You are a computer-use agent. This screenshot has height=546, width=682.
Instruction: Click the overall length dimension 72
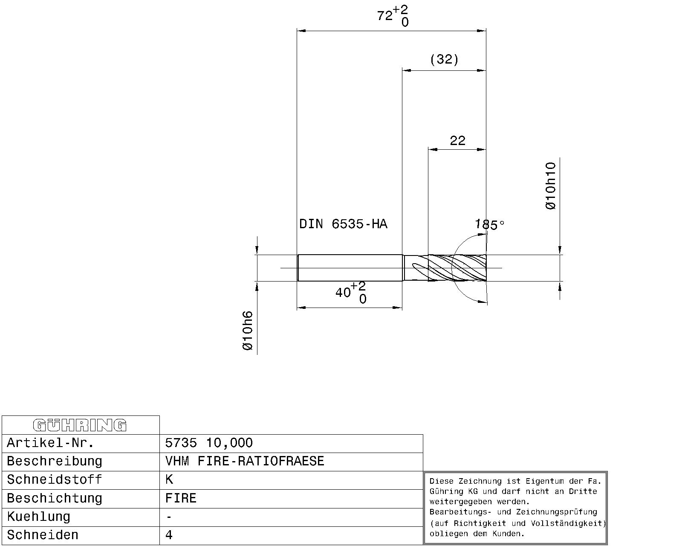[x=393, y=16]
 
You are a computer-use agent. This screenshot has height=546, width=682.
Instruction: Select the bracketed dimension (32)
[x=444, y=59]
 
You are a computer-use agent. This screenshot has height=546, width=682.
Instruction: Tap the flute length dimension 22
[x=458, y=140]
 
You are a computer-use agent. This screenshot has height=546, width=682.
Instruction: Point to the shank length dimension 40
[x=351, y=292]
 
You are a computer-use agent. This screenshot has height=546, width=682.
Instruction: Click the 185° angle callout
[x=489, y=225]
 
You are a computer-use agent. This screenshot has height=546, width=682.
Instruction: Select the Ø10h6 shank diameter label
[x=248, y=331]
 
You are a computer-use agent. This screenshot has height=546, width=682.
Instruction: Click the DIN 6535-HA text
[x=343, y=224]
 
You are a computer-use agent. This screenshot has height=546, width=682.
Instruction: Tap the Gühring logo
[x=80, y=425]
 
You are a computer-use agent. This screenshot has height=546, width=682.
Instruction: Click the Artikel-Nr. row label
[x=50, y=443]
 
